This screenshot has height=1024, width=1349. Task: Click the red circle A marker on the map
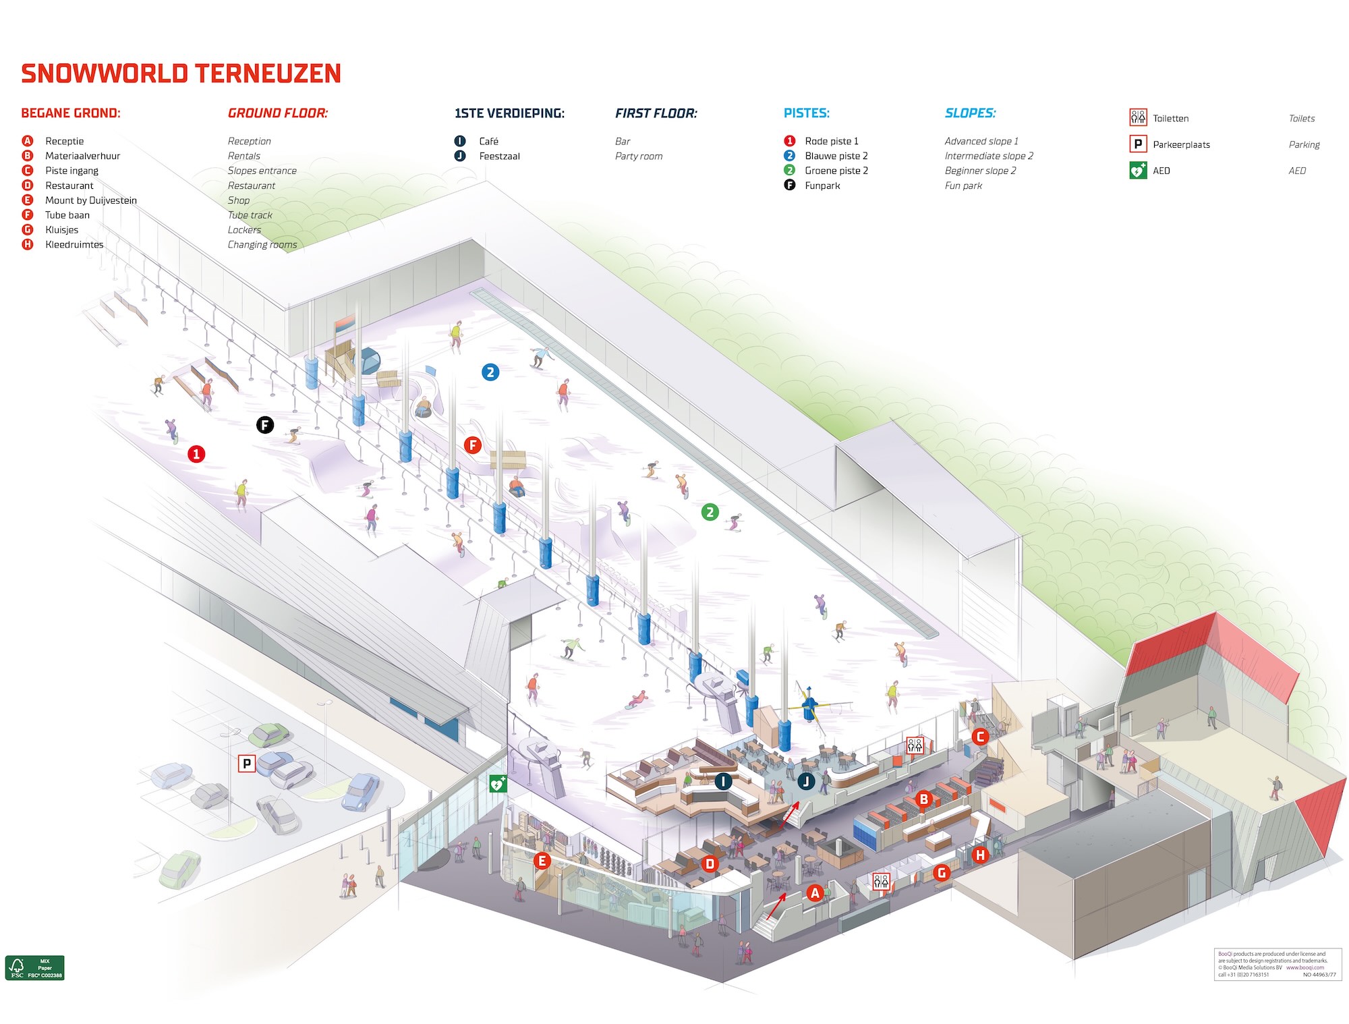tap(815, 893)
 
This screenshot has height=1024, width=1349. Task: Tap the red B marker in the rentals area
tap(923, 799)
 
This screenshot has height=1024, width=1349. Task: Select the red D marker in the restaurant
tap(710, 863)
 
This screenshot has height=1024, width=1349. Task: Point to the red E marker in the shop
tap(541, 861)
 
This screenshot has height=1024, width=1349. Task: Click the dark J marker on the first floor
tap(805, 782)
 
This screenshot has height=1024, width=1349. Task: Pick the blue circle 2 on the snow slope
tap(490, 372)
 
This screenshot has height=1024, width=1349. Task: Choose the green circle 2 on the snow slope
tap(710, 512)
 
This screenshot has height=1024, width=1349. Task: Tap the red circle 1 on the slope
tap(196, 454)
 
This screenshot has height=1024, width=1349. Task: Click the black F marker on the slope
tap(265, 425)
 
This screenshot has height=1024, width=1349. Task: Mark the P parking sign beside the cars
tap(247, 764)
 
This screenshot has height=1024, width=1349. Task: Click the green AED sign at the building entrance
tap(498, 783)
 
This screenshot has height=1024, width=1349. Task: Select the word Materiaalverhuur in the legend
tap(82, 156)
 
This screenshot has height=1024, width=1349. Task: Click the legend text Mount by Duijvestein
tap(91, 200)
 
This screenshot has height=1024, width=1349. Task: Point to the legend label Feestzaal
tap(499, 156)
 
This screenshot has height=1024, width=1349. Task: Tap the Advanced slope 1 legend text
tap(981, 141)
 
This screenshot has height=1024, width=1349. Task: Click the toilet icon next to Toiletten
tap(1138, 118)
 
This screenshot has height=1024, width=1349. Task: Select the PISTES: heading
tap(807, 113)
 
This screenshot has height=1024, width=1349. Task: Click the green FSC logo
tap(35, 967)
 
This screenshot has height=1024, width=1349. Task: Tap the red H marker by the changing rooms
tap(980, 855)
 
